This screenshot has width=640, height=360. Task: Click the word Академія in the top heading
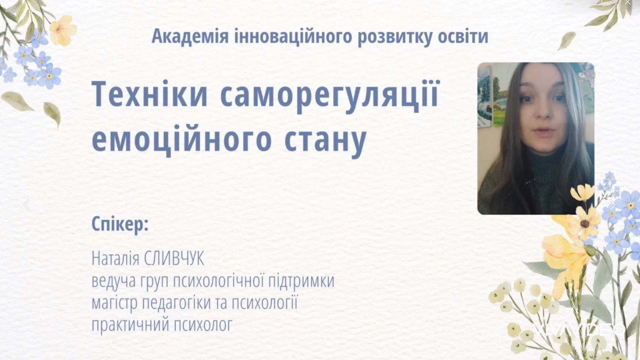(x=190, y=37)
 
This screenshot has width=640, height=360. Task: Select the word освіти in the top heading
(x=463, y=37)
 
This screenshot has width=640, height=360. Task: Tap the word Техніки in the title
(x=150, y=94)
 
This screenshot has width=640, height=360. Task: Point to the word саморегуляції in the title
(x=330, y=96)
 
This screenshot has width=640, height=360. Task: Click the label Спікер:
(x=120, y=224)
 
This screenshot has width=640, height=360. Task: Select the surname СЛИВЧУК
(x=174, y=259)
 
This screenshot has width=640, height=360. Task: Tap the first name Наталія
(x=116, y=259)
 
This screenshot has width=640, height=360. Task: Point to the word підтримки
(x=301, y=281)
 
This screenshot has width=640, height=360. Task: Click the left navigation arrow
(x=26, y=205)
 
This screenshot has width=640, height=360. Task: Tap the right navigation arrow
(x=613, y=205)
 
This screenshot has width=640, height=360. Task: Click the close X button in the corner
(x=628, y=3)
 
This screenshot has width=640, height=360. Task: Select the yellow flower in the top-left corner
(x=63, y=30)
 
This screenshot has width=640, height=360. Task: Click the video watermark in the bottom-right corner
(x=580, y=330)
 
